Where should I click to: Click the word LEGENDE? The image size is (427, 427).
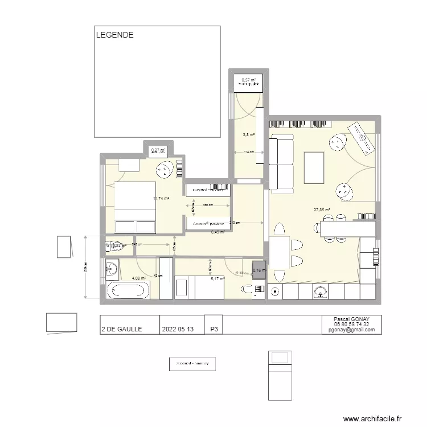pyautogui.click(x=114, y=35)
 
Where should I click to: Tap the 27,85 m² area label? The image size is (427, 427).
pyautogui.click(x=322, y=210)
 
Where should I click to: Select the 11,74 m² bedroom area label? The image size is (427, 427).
pyautogui.click(x=161, y=199)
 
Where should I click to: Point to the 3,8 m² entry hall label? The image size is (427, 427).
pyautogui.click(x=249, y=135)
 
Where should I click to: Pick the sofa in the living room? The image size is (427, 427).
pyautogui.click(x=281, y=163)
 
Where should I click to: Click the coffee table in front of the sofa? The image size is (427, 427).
pyautogui.click(x=314, y=168)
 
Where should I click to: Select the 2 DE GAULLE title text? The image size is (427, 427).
pyautogui.click(x=121, y=329)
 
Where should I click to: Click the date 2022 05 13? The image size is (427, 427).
pyautogui.click(x=178, y=329)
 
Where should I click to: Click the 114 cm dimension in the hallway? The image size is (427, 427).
pyautogui.click(x=248, y=153)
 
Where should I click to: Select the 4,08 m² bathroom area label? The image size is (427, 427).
pyautogui.click(x=139, y=278)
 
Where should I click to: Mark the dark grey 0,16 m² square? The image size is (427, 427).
pyautogui.click(x=259, y=271)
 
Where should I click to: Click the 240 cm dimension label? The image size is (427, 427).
pyautogui.click(x=137, y=244)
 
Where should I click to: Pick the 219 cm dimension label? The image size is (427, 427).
pyautogui.click(x=234, y=223)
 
